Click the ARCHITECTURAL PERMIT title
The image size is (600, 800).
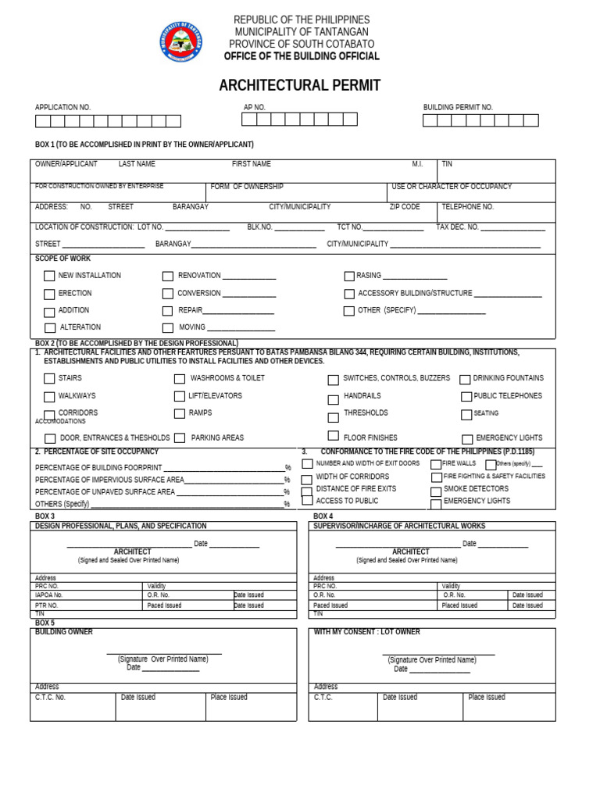pos(300,85)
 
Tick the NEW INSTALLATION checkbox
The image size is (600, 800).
pos(49,276)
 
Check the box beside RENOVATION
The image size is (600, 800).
pos(168,276)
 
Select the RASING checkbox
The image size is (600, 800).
pos(349,276)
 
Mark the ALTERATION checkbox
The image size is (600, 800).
pos(50,328)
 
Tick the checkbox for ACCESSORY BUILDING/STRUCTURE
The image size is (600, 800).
pos(349,294)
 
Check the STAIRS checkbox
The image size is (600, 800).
pos(49,379)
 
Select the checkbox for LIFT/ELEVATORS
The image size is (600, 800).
pos(180,396)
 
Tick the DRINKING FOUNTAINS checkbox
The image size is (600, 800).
pos(465,380)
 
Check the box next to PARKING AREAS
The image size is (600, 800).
pos(180,438)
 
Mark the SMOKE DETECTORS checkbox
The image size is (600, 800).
pos(436,491)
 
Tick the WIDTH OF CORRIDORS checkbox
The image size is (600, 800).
pos(307,477)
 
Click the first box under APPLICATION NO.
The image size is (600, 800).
pos(42,121)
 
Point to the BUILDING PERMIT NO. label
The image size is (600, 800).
pos(458,107)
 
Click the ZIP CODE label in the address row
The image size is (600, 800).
pos(405,207)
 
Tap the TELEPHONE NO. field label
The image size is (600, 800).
pos(467,207)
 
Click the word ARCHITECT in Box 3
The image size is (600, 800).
pos(132,552)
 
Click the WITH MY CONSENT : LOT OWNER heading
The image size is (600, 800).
pos(366,632)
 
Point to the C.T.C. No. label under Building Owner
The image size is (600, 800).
pos(50,697)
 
